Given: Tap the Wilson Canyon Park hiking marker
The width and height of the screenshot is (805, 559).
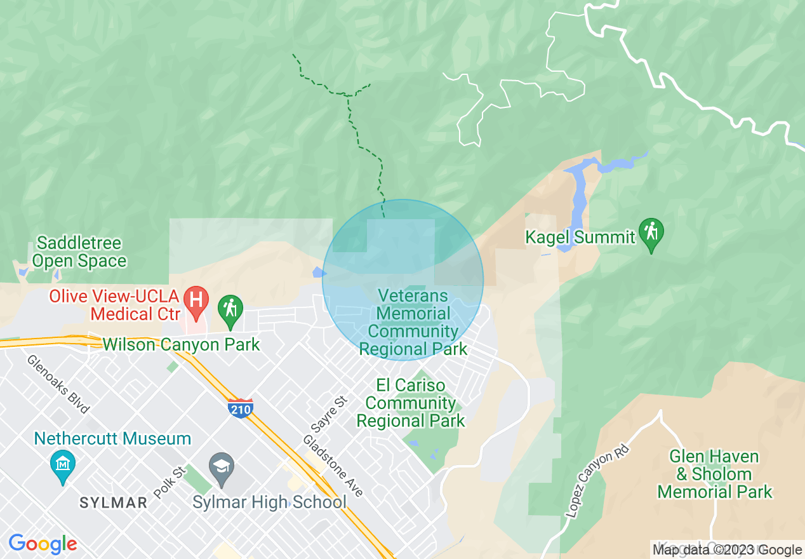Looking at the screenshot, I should tap(230, 309).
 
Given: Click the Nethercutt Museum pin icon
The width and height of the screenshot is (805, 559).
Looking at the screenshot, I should tap(63, 466).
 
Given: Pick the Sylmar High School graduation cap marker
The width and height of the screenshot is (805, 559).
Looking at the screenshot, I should tap(222, 468).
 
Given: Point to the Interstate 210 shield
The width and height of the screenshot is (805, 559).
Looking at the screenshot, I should tap(241, 408).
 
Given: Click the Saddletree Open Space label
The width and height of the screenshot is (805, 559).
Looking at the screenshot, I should tap(79, 252).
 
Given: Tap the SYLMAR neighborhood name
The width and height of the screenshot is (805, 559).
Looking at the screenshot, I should tap(113, 503).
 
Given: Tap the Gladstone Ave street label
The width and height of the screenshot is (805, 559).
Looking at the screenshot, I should tap(333, 466).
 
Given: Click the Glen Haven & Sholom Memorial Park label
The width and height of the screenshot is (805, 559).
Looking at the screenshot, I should tap(714, 474).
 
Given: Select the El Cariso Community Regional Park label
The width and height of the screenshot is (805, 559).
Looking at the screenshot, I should tap(411, 403).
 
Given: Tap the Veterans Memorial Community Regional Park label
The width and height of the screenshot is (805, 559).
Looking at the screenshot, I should tap(413, 322).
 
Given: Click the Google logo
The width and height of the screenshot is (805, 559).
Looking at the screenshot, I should tap(43, 544).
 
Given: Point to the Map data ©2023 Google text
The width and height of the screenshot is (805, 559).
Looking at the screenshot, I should tap(728, 550).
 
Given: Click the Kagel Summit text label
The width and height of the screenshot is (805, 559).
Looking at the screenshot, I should tap(580, 238).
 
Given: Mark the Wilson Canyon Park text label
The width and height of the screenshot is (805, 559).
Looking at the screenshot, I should tap(182, 345).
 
